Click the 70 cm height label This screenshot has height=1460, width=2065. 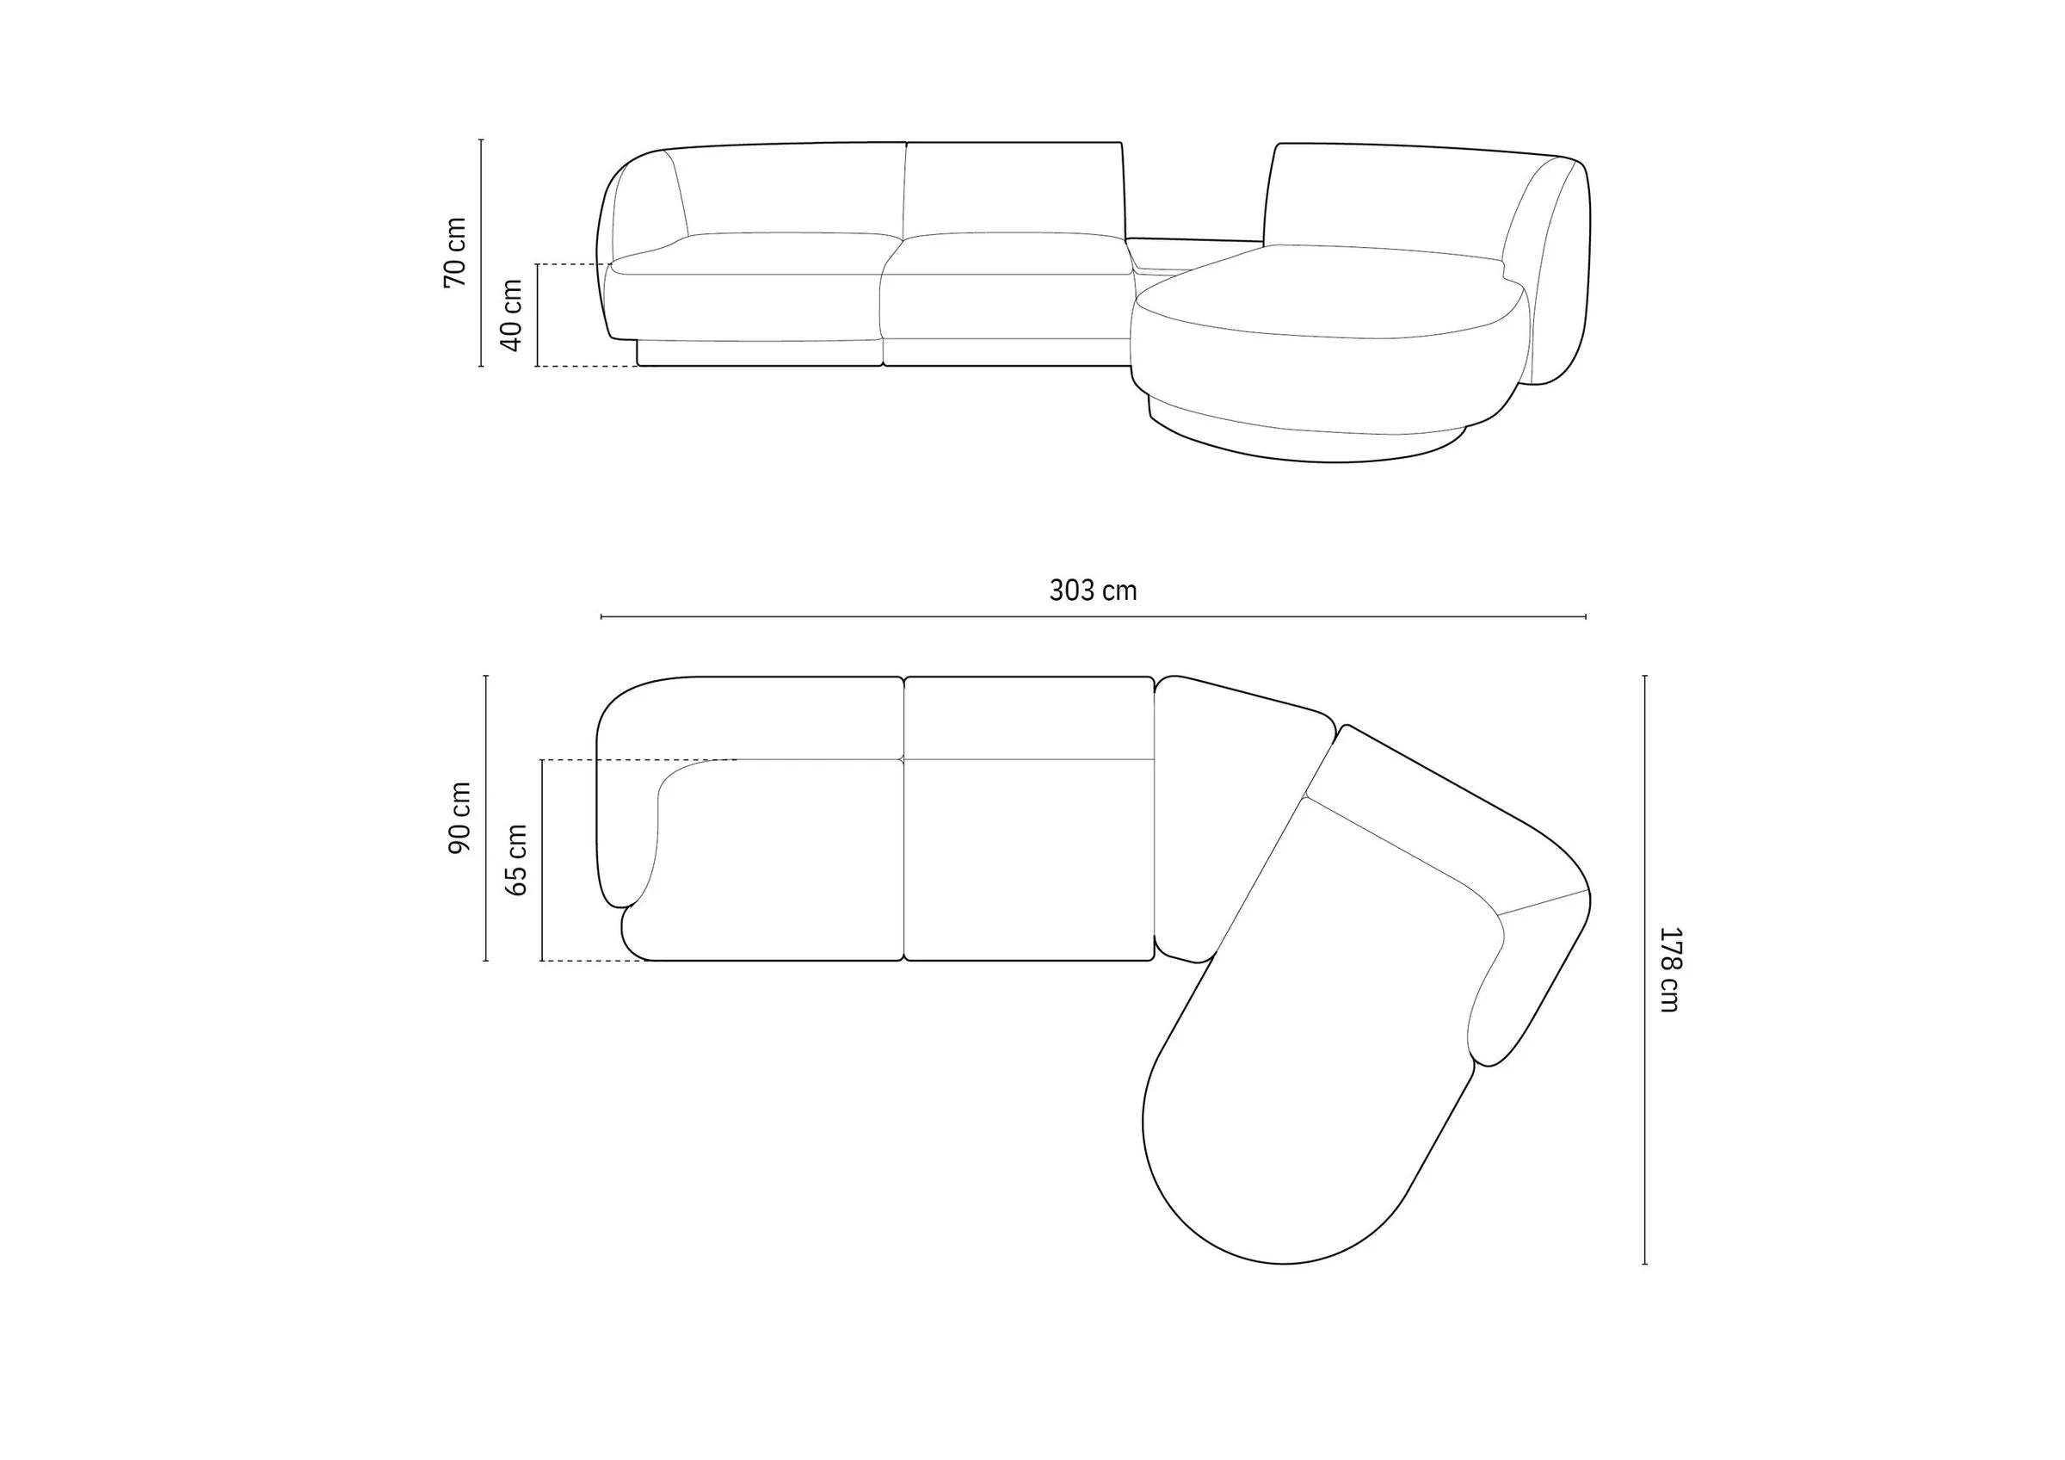(x=455, y=252)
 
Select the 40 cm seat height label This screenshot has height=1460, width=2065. (x=511, y=315)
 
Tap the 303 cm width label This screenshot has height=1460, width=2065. (x=1093, y=591)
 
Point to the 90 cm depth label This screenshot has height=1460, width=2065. (x=459, y=818)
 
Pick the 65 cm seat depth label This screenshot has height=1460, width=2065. (x=516, y=860)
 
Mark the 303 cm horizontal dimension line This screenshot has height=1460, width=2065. (x=1093, y=617)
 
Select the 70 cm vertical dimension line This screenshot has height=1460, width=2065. (x=481, y=253)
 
